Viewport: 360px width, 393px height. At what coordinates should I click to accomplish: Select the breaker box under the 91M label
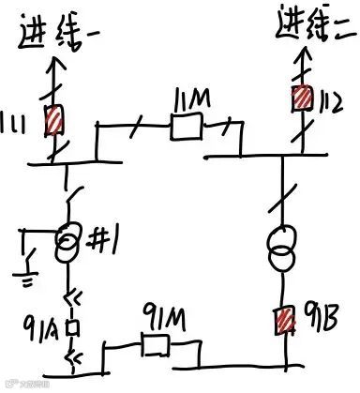pyautogui.click(x=152, y=345)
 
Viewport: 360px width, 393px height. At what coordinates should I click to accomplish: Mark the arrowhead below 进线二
pyautogui.click(x=303, y=54)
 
